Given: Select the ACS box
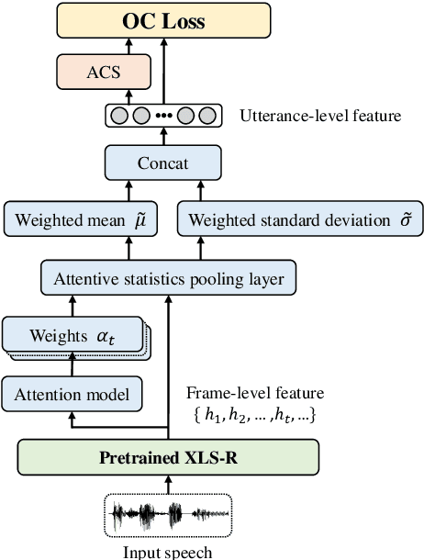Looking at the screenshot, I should point(103,71).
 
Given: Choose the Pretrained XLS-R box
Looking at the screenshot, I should point(168,456).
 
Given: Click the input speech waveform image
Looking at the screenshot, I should point(168,516).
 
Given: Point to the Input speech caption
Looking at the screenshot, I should point(168,552).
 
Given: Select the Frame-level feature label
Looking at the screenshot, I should point(254,393).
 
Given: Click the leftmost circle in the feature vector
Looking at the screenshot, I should point(119,117).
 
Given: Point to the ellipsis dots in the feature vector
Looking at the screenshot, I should point(164,117).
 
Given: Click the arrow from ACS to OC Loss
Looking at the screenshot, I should point(103,46).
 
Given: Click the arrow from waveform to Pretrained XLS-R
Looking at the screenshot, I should point(168,484).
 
